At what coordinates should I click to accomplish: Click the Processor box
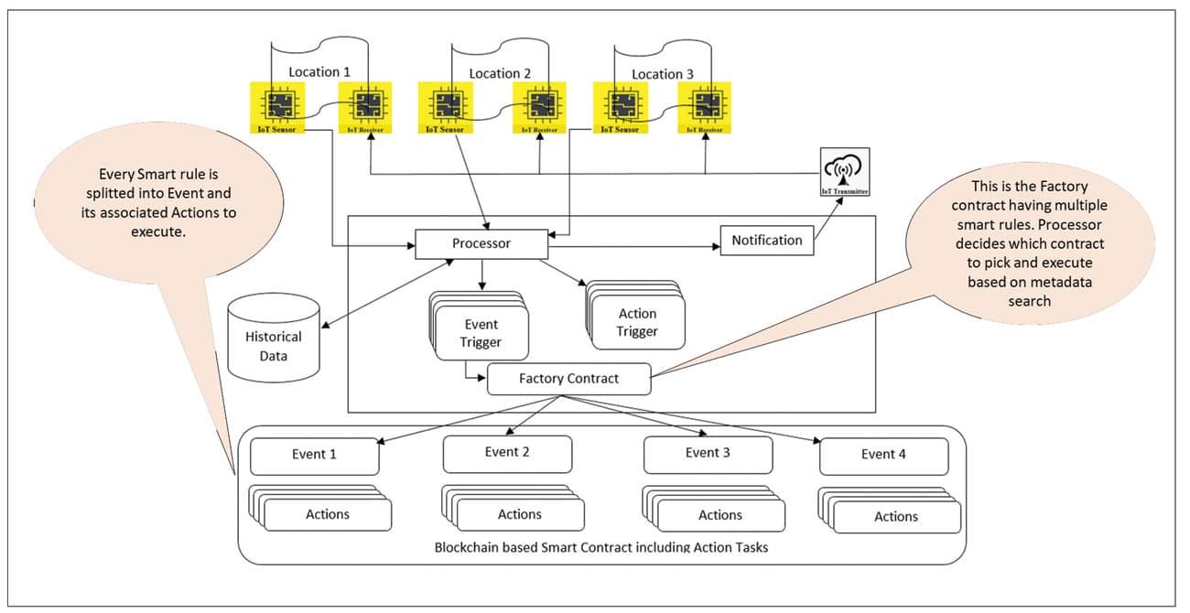481,243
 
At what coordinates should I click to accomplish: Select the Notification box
767,241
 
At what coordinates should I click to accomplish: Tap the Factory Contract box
568,378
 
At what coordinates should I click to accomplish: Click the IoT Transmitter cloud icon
844,171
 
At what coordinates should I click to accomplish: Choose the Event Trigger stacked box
481,333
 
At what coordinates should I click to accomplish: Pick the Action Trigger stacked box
637,322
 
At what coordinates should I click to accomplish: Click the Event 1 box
314,455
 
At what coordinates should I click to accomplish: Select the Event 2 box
507,453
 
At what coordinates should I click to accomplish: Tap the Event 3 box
708,453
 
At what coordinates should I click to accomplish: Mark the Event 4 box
883,455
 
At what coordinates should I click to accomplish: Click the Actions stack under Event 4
894,516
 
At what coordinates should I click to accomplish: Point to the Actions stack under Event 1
326,513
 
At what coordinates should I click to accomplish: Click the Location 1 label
319,72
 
